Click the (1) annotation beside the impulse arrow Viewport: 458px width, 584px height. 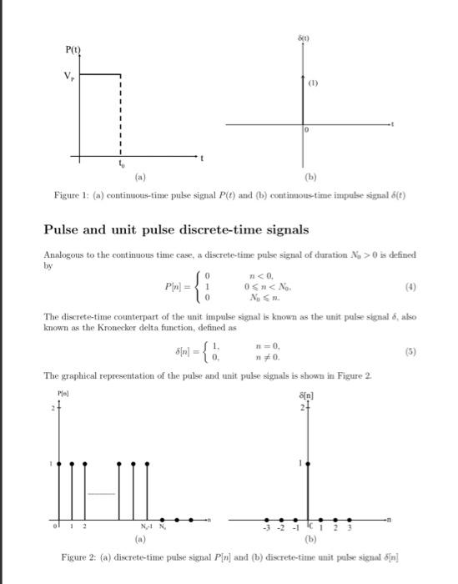tap(315, 83)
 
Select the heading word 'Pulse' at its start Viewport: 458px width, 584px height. tap(63, 229)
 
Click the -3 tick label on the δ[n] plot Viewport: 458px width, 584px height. tap(266, 529)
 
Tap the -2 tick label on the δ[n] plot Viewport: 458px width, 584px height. tap(282, 529)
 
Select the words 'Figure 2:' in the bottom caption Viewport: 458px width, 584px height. tap(80, 556)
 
